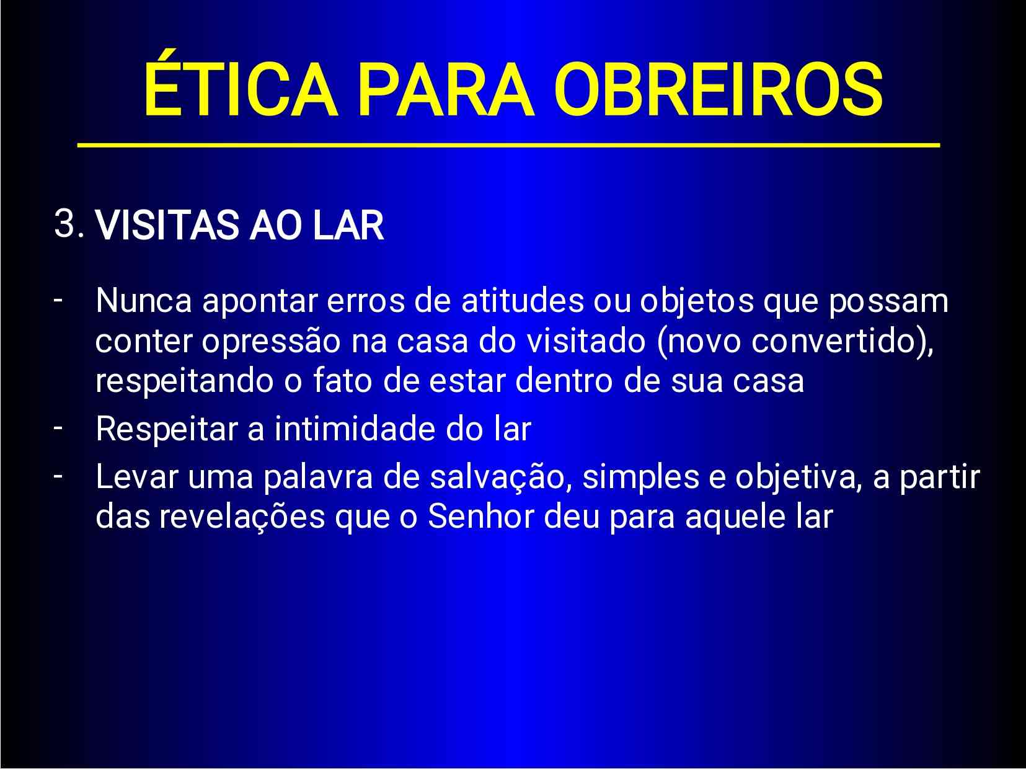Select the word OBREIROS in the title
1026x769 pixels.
tap(718, 89)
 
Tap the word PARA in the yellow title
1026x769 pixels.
tap(445, 89)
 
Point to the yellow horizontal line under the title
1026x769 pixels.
tap(508, 145)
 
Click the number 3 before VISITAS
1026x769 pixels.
tap(64, 223)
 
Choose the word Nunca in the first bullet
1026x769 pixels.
tap(143, 301)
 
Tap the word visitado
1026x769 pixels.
tap(586, 340)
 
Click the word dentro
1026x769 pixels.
tap(564, 381)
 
